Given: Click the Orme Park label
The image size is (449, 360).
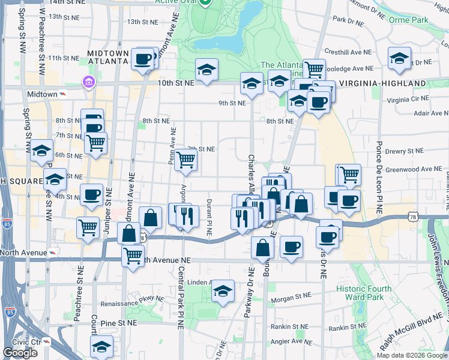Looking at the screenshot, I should coord(412,20).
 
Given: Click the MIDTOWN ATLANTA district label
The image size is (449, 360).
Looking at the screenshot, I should coord(108,57).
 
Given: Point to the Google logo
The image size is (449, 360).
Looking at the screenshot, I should coord(20,353).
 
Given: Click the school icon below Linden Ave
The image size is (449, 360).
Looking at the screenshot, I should coord(223,292).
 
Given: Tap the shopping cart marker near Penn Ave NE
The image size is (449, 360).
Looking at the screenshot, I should coord(186,160).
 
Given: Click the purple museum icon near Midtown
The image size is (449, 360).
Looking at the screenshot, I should coord(88,82).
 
